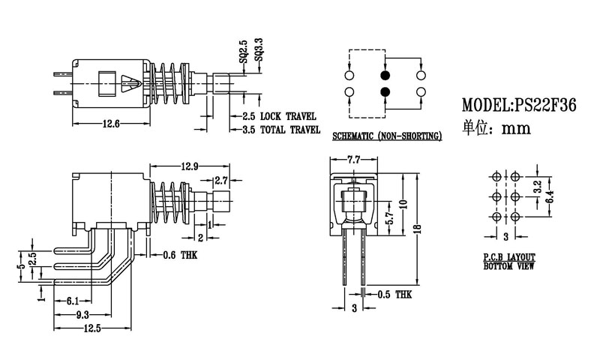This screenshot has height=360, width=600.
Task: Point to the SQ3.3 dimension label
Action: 259,49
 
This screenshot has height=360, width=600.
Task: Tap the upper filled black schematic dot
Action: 385,76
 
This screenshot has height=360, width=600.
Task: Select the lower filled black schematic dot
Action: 385,91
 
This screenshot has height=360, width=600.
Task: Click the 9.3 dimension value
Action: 82,314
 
